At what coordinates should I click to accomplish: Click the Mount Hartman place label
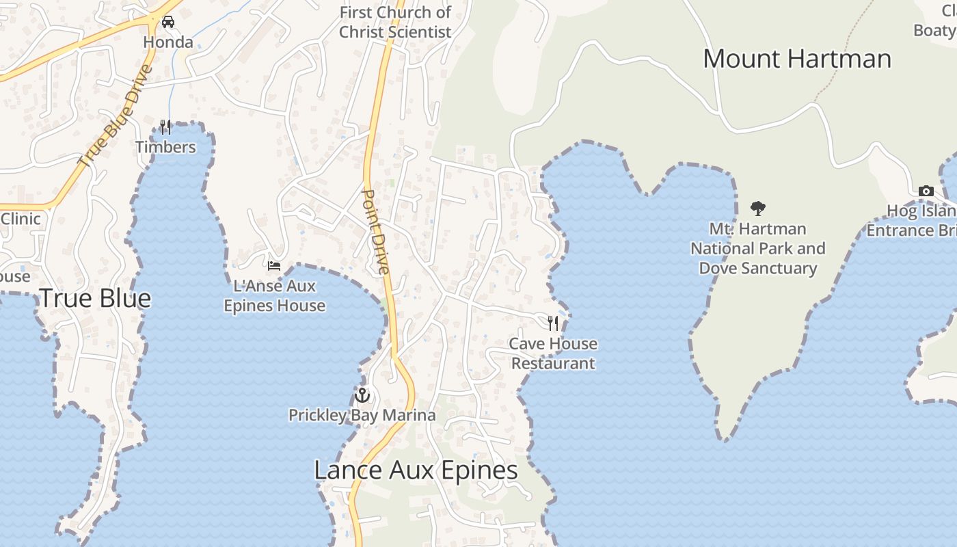pos(797,59)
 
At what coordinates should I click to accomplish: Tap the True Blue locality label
pos(95,298)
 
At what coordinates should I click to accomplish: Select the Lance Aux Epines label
pos(416,470)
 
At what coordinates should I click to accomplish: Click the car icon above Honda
pos(168,22)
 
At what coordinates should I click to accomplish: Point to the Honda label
pos(168,42)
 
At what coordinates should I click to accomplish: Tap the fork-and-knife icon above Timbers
pos(165,126)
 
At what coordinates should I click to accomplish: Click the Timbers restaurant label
pos(165,147)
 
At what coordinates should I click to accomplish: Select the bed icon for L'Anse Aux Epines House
pos(274,265)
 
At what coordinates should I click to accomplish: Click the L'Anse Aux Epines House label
pos(275,295)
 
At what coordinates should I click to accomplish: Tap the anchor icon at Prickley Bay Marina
pos(362,395)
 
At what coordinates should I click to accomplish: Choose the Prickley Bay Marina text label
pos(362,415)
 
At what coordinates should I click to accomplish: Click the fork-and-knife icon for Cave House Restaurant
pos(553,323)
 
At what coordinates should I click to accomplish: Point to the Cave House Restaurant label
pos(553,353)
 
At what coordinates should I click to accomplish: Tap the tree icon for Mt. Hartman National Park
pos(757,209)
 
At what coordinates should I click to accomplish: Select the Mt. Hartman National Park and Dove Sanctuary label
pos(757,248)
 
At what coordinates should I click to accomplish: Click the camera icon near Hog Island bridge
pos(926,191)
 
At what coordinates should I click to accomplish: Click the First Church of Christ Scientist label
pos(395,22)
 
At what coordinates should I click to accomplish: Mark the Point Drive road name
pos(375,232)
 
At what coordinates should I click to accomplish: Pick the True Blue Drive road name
pos(115,116)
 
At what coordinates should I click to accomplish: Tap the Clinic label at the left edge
pos(21,219)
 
